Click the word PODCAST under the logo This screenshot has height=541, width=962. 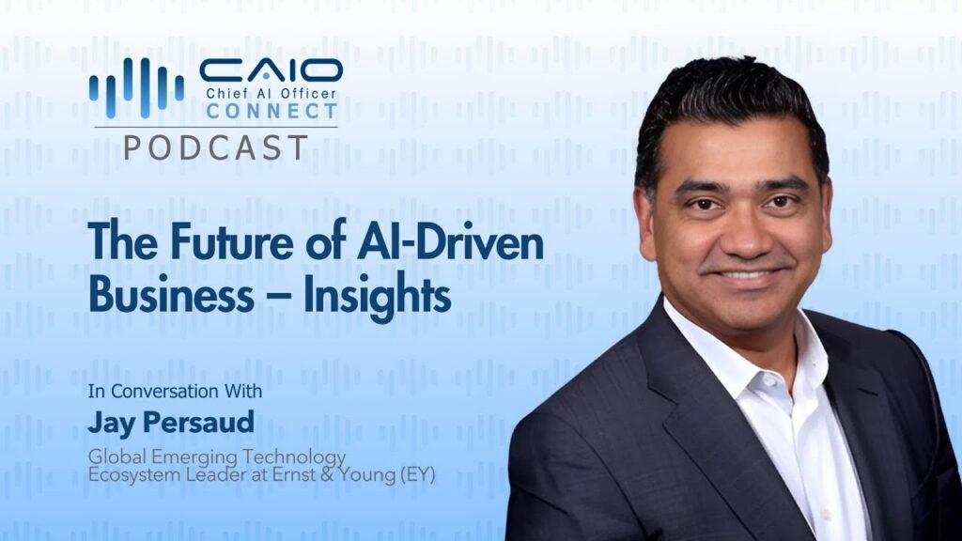pos(215,147)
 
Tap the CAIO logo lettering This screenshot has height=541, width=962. pos(271,70)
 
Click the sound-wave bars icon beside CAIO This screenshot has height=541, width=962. pos(136,87)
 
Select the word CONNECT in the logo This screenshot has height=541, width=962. pos(272,111)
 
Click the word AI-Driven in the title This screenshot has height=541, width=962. pos(450,241)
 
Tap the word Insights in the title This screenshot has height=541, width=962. pos(378,296)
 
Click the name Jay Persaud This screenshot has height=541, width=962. pos(171,423)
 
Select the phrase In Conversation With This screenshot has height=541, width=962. pos(175,391)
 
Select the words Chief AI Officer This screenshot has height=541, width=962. pos(272,94)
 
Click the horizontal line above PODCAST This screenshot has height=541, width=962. pos(216,127)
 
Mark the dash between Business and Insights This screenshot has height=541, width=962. pos(278,296)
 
